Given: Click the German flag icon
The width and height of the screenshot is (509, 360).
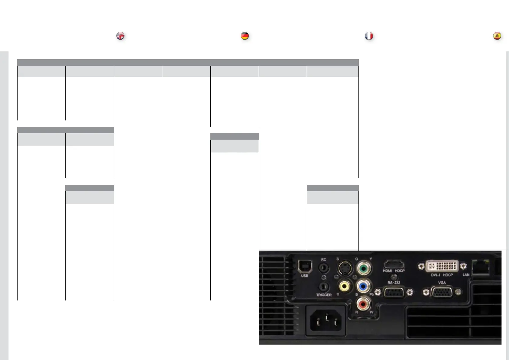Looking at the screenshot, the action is (245, 36).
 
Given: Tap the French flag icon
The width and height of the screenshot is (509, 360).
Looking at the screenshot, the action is (369, 36).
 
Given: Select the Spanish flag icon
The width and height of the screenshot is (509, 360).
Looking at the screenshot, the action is (497, 36).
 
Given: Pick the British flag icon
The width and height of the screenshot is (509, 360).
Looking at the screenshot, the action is (120, 36).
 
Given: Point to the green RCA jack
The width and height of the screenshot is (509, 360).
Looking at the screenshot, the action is (364, 268).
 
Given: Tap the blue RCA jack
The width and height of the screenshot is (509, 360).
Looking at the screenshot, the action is (364, 286).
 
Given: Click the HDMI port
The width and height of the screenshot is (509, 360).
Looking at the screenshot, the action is (394, 265).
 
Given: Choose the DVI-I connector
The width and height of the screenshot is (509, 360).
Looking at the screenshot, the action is (442, 266).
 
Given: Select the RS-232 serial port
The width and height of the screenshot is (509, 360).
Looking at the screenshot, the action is (394, 292).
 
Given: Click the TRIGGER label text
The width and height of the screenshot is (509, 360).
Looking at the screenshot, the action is (324, 295).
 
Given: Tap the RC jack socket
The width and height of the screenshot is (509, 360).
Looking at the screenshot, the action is (324, 267).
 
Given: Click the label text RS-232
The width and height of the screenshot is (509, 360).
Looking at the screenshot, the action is (394, 283).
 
